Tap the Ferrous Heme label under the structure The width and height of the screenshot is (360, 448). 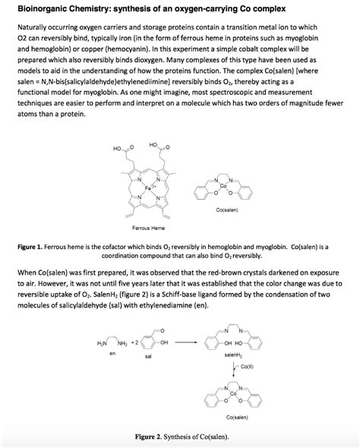(x=148, y=227)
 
